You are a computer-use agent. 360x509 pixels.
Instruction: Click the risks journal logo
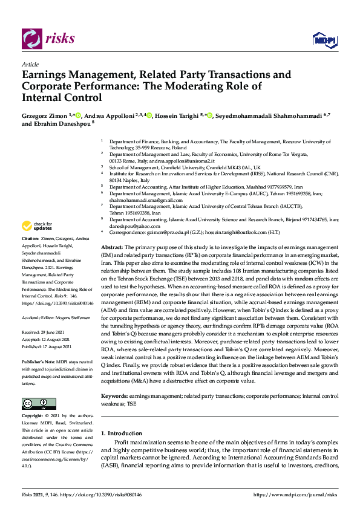pyautogui.click(x=48, y=38)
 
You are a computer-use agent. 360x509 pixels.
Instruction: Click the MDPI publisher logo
pyautogui.click(x=324, y=39)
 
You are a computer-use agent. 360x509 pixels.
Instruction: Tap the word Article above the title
pyautogui.click(x=30, y=64)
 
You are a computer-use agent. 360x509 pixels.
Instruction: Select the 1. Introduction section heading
pyautogui.click(x=121, y=433)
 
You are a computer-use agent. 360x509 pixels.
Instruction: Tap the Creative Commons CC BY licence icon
pyautogui.click(x=39, y=404)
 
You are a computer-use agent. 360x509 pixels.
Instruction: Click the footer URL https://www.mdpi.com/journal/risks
pyautogui.click(x=294, y=494)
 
